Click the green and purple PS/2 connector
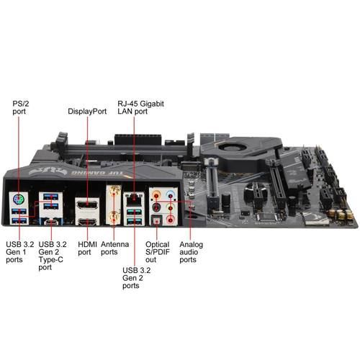tap(19, 199)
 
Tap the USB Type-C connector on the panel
tap(51, 222)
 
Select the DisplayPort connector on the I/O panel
tap(87, 205)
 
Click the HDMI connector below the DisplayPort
tap(87, 222)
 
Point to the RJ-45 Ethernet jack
tap(134, 199)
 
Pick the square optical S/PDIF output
tap(156, 220)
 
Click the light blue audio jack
tap(171, 194)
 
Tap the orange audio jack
tap(156, 194)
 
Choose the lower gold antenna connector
tap(114, 216)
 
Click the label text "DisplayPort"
tap(87, 112)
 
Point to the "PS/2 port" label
tap(21, 107)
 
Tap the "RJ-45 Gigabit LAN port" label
tap(140, 107)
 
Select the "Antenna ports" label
tap(114, 248)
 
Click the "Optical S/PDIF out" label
tap(158, 252)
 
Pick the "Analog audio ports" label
tap(191, 252)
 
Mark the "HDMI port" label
tap(87, 248)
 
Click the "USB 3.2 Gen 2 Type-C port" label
tap(53, 256)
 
